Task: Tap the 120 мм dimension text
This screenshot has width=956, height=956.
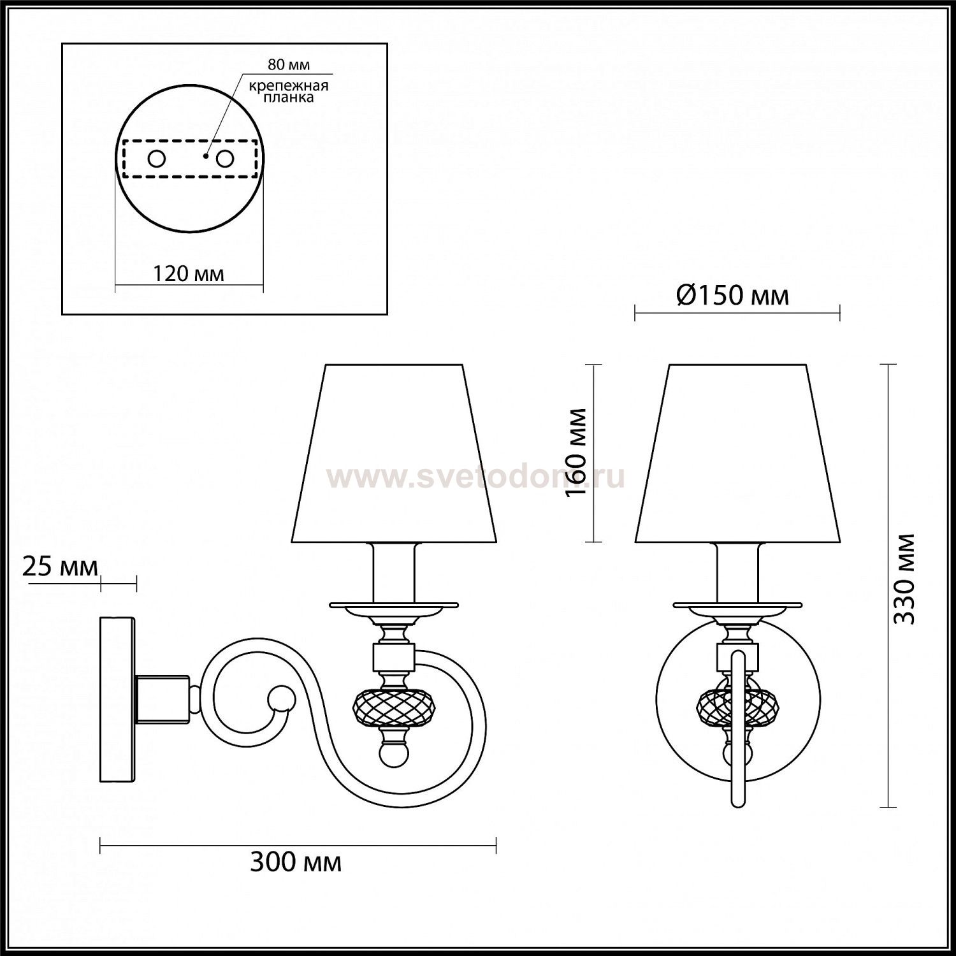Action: tap(189, 273)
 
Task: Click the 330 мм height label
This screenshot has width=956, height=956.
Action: tap(904, 579)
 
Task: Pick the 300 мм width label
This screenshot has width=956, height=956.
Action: tap(296, 863)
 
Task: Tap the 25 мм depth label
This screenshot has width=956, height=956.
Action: tap(61, 567)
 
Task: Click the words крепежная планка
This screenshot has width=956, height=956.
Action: tap(289, 92)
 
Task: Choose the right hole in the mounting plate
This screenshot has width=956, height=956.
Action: tap(224, 159)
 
